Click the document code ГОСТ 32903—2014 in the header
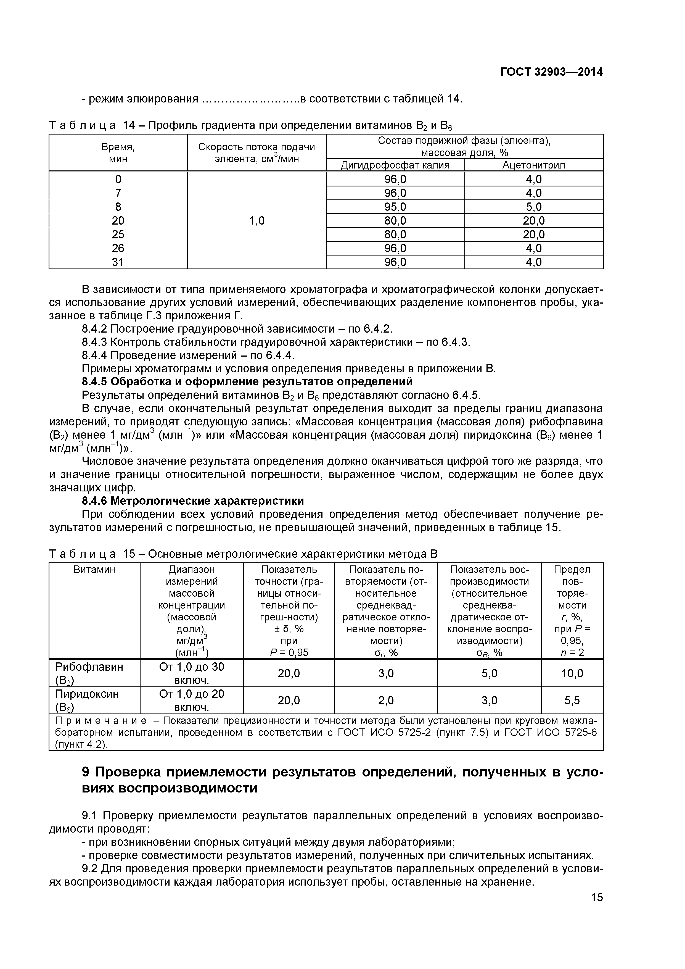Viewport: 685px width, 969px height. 551,72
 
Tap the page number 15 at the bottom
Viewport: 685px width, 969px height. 596,909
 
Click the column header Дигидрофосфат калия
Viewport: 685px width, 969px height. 395,165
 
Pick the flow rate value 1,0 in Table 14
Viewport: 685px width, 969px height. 256,220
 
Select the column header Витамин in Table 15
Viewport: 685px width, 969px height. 94,570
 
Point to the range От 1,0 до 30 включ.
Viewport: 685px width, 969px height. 192,673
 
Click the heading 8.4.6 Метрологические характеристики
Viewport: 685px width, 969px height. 192,501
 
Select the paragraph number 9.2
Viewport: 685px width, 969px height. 90,869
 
